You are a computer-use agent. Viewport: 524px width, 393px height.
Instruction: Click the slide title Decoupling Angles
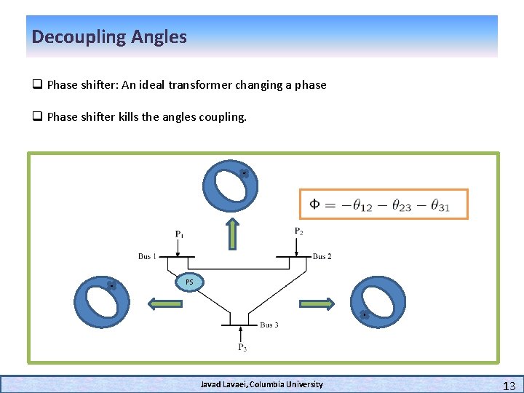point(109,36)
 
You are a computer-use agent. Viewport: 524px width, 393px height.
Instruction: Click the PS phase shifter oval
point(189,282)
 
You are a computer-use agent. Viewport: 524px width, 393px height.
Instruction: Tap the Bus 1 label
point(148,256)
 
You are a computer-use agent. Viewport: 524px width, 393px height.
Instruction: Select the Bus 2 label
point(322,256)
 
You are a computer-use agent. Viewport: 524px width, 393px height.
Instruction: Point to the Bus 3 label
point(269,325)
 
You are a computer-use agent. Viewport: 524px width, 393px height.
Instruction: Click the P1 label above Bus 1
point(179,234)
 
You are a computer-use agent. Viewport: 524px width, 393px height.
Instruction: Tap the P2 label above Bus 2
point(299,231)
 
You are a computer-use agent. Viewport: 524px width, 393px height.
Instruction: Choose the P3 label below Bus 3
point(242,347)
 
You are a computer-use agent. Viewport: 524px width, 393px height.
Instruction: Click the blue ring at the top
point(231,186)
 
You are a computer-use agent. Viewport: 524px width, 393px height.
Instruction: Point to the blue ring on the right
point(378,301)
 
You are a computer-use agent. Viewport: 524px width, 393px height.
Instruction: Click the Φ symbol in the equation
point(314,204)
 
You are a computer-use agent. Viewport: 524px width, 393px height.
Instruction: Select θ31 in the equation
point(440,206)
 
